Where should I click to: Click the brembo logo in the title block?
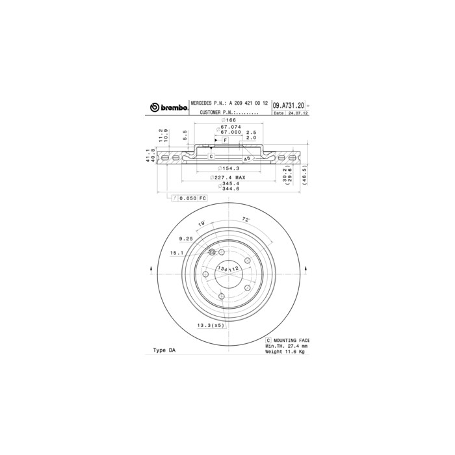coord(168,107)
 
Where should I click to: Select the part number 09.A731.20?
coord(288,105)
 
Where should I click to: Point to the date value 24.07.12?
coord(298,113)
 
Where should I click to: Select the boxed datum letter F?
coord(225,140)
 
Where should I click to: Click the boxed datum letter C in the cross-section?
coord(211,157)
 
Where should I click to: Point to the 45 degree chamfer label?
coord(247,159)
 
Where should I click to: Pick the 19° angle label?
coord(201,224)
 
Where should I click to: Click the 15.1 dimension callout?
coord(176,253)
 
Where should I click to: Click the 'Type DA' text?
coord(164,350)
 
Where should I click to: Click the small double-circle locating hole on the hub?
coord(212,253)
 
